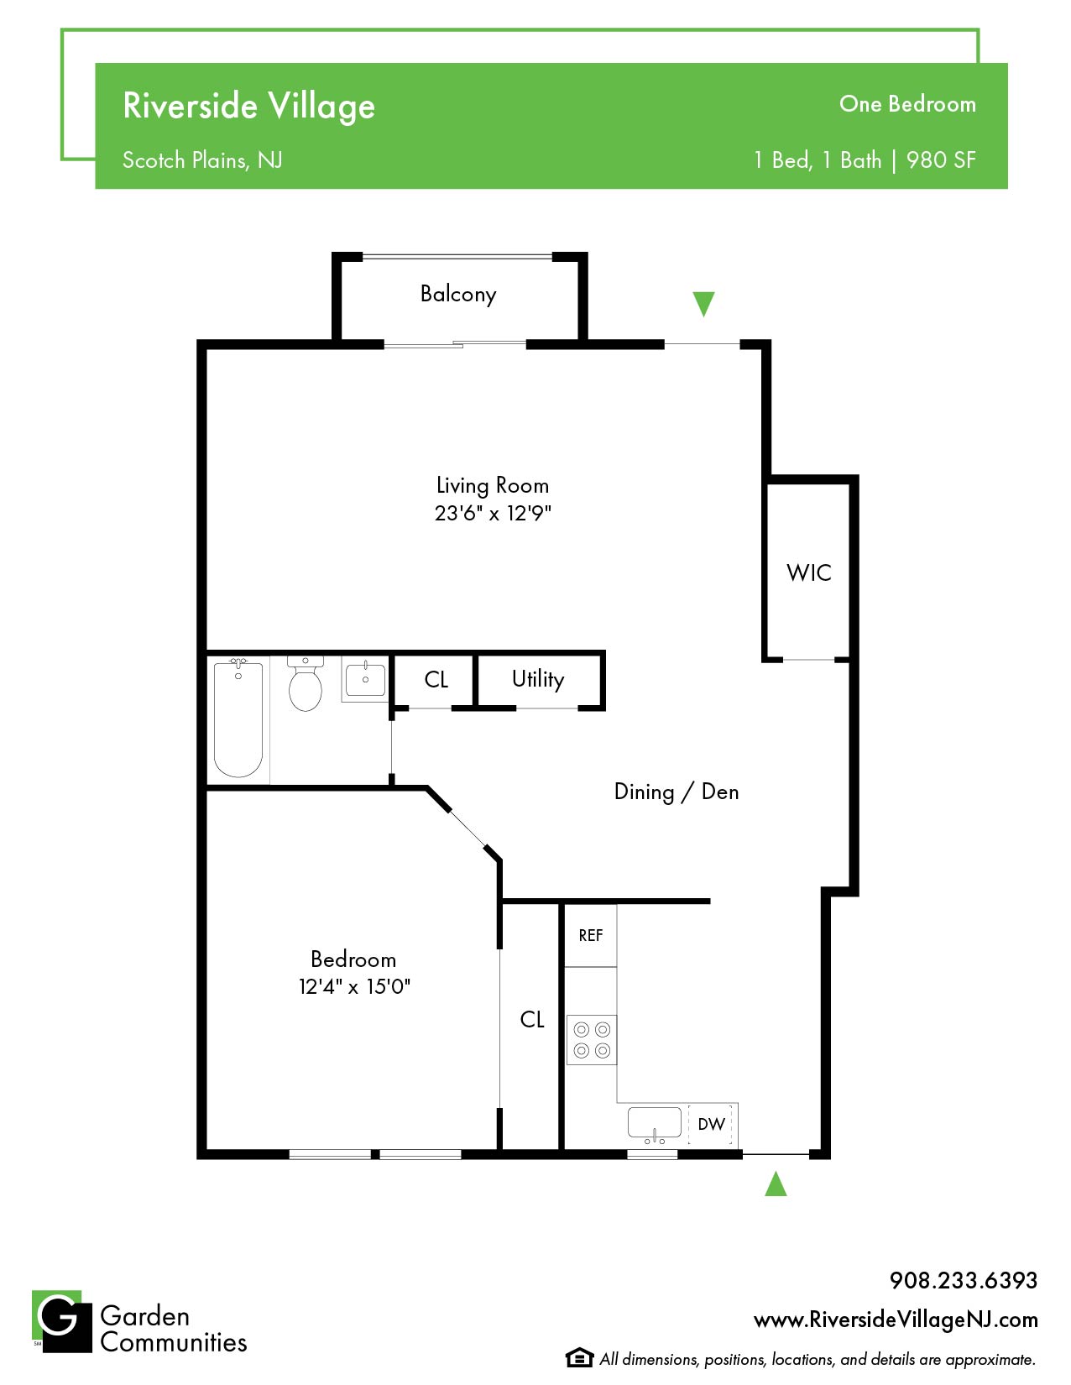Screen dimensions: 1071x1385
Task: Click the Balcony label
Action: pos(457,294)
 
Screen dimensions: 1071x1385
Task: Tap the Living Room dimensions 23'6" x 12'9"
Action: pos(492,513)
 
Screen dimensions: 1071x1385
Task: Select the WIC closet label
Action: pos(808,572)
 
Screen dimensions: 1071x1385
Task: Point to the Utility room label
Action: pos(538,679)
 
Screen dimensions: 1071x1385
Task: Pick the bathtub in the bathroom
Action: pos(238,718)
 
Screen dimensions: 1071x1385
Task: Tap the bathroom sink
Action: pos(365,679)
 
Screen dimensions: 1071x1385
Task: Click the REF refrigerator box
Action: pos(590,935)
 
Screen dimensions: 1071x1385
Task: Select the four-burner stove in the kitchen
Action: pos(591,1039)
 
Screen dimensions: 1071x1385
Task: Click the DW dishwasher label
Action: pos(711,1124)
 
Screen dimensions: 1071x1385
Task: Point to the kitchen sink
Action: pos(655,1124)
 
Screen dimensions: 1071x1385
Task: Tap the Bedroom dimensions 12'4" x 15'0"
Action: pos(354,986)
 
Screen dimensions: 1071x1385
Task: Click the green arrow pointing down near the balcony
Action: pos(703,304)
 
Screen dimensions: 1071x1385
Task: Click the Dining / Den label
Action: pos(676,792)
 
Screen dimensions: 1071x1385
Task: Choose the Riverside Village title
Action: pos(248,106)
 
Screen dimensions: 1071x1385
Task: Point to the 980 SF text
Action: pos(941,160)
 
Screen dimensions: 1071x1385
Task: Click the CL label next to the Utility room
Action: pos(436,679)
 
